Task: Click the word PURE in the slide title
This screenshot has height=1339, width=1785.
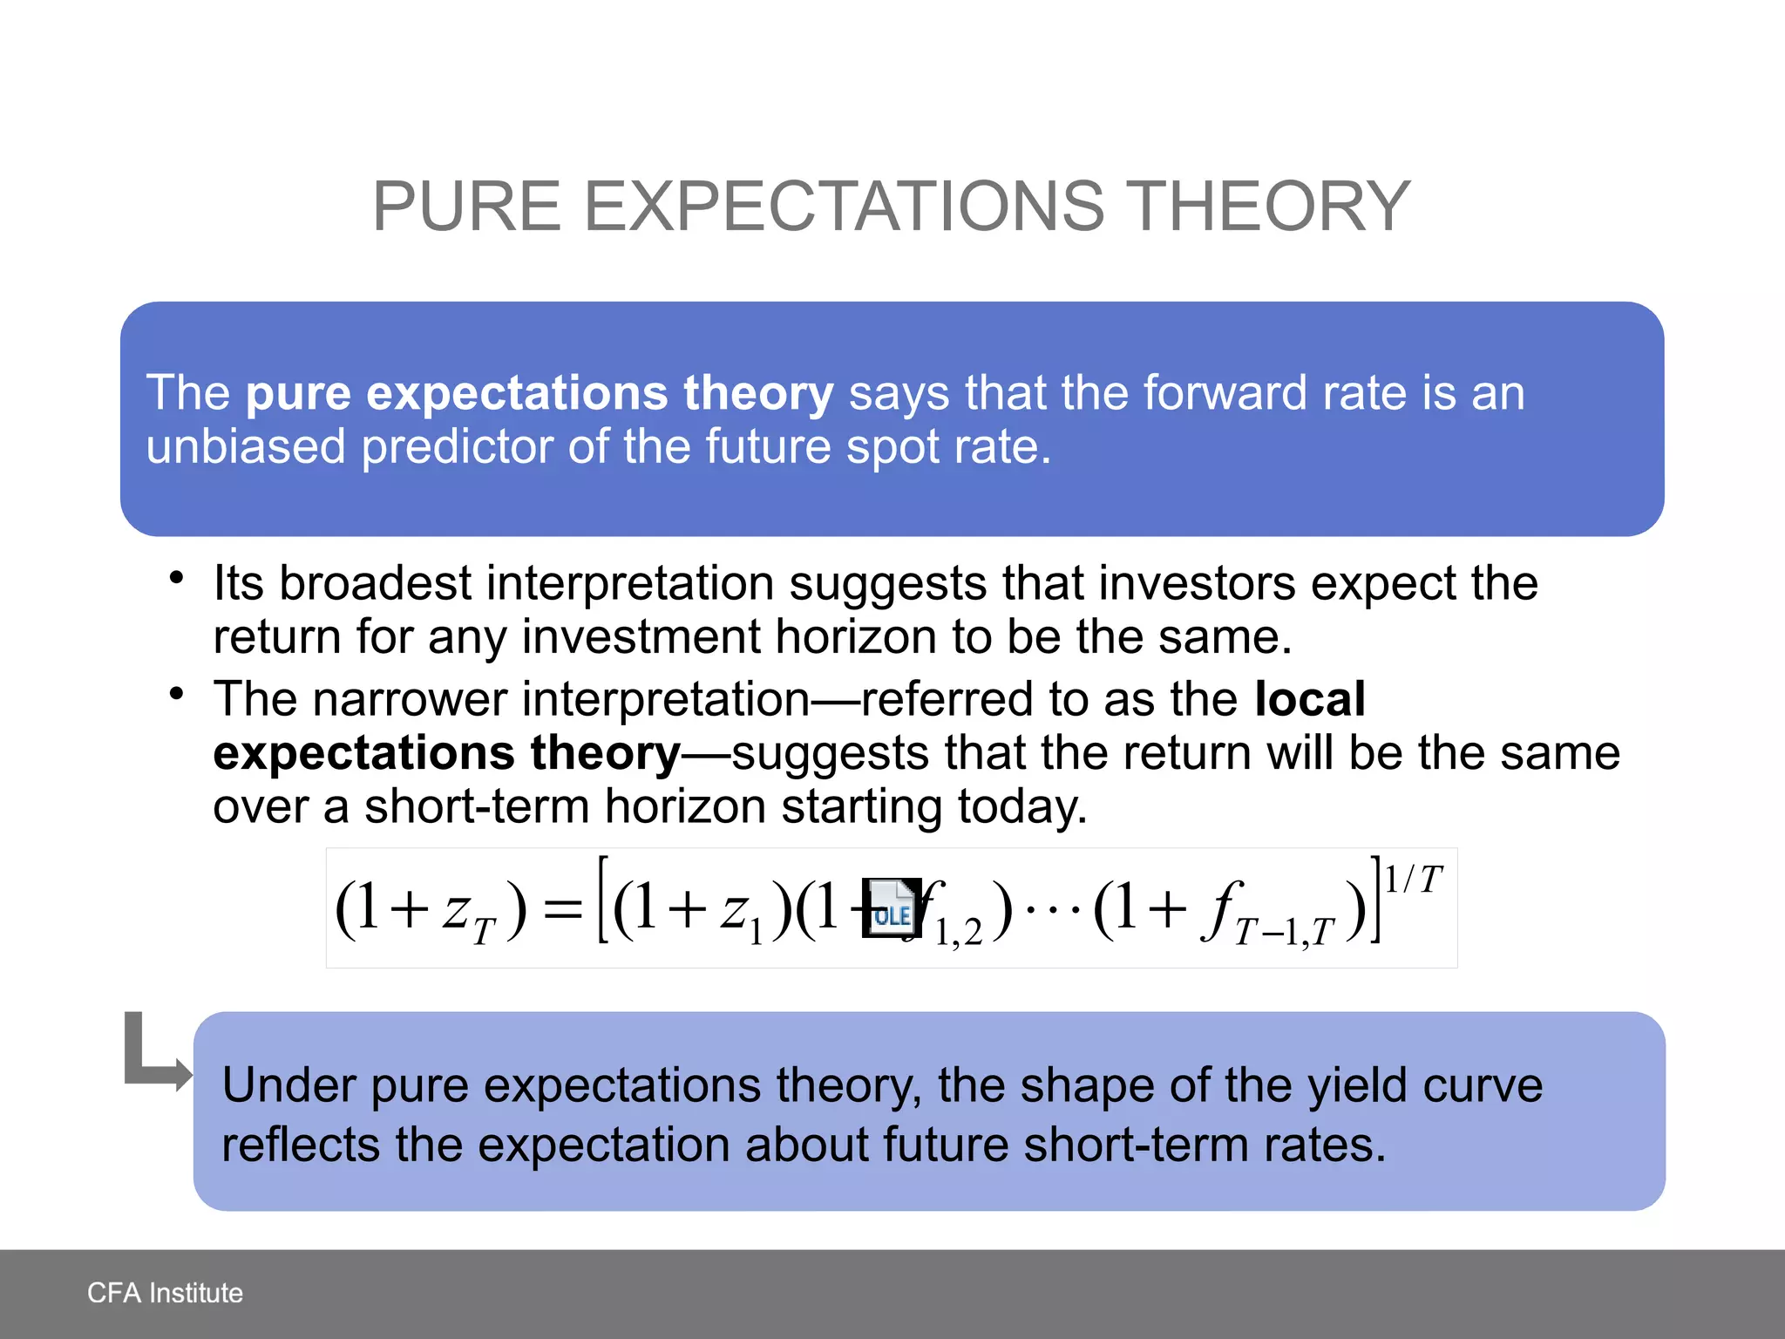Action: click(x=466, y=207)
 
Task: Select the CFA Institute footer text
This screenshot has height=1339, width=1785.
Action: click(x=165, y=1293)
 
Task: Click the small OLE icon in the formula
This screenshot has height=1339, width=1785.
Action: click(x=891, y=908)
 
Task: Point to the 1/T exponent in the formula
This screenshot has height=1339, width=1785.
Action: click(x=1413, y=880)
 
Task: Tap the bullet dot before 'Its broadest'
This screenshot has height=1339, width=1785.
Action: click(x=177, y=578)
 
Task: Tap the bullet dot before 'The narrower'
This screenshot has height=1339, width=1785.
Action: click(x=177, y=694)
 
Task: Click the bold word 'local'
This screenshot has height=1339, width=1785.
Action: click(x=1309, y=699)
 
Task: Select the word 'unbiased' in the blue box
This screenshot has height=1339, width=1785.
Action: click(x=246, y=447)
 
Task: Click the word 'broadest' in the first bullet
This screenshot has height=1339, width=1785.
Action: click(x=375, y=583)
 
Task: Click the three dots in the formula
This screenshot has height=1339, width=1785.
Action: click(x=1052, y=910)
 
